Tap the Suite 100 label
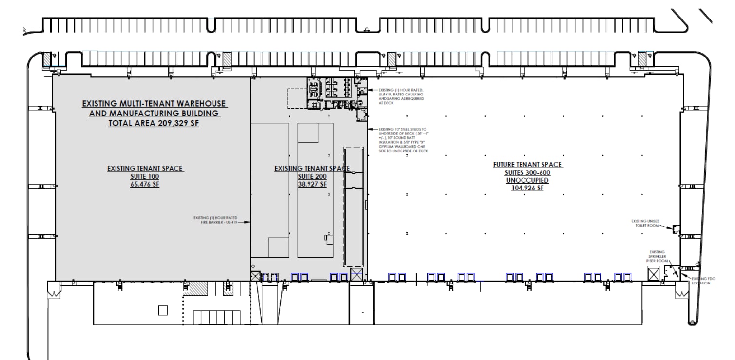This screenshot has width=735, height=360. point(145,176)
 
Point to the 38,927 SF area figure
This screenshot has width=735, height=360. point(312,185)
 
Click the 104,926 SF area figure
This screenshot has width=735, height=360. point(527,189)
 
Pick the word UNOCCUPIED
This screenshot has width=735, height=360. point(527,180)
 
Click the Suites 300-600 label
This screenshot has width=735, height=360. point(527,172)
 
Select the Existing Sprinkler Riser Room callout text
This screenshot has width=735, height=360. point(656,256)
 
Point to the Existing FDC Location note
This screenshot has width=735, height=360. point(702,280)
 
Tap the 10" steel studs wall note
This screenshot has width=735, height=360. point(399,140)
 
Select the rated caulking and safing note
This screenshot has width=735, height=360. point(395,96)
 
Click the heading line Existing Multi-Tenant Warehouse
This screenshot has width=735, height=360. point(154,104)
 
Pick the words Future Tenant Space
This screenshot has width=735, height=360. point(527,165)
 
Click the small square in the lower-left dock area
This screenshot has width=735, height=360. point(163,310)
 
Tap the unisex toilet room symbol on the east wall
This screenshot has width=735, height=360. point(676,228)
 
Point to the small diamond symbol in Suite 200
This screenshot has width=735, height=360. point(252,266)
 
